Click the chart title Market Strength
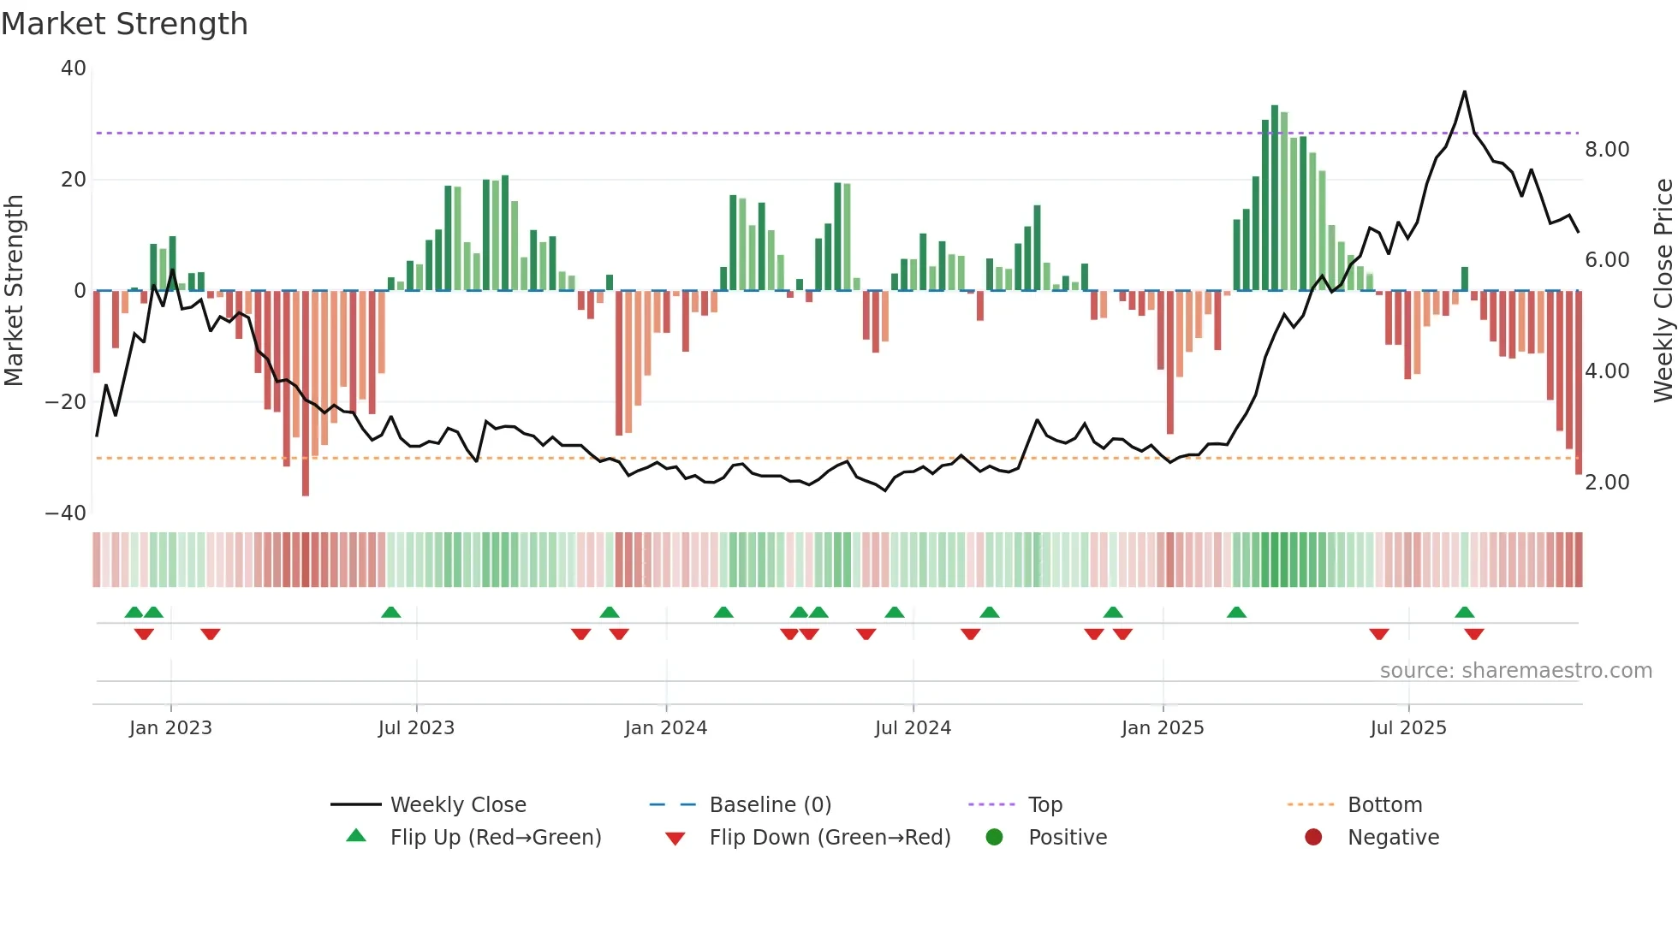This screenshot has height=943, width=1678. (124, 24)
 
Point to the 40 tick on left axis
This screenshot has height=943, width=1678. (74, 68)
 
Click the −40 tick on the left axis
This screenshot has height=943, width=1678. (66, 513)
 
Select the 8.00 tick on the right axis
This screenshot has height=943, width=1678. (1607, 150)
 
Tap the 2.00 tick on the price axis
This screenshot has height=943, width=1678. (1607, 483)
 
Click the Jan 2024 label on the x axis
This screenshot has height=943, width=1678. (666, 728)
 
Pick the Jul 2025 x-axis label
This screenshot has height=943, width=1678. (1408, 728)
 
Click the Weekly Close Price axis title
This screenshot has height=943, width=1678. (1663, 291)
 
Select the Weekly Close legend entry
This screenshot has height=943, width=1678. (458, 805)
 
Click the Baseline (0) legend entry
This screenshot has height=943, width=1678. (770, 805)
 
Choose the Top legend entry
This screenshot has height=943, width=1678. (1044, 805)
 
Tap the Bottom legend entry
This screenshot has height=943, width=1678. (1384, 805)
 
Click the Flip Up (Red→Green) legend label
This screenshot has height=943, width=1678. (496, 838)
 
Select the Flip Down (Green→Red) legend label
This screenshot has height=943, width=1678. (830, 838)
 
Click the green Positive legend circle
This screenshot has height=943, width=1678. (994, 837)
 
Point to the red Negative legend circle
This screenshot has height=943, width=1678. (1313, 837)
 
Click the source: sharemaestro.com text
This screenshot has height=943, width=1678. (1515, 671)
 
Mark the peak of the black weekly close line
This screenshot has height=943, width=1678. (1465, 92)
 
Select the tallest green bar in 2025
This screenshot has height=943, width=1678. (1275, 197)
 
